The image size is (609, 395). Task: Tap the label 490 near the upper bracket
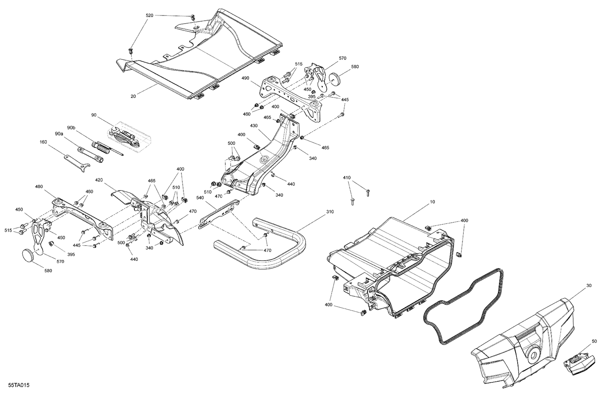tap(245, 78)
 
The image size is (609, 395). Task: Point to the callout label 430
tap(253, 126)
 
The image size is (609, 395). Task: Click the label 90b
tap(71, 128)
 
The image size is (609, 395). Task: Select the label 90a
tap(59, 134)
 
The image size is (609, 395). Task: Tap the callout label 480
tap(39, 187)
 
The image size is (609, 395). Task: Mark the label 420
tap(99, 180)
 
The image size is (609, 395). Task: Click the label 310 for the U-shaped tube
tap(330, 212)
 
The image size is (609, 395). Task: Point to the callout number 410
tap(347, 178)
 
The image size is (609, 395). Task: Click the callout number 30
tap(589, 286)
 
